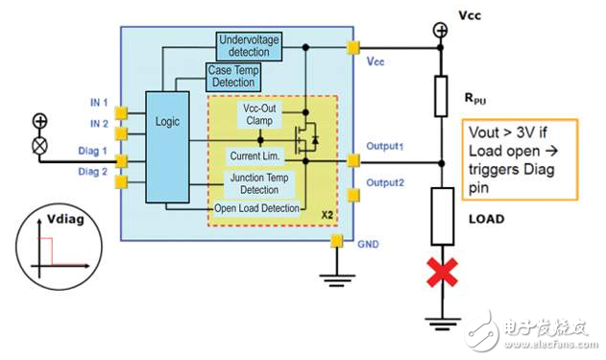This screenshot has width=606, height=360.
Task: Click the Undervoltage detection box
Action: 247,45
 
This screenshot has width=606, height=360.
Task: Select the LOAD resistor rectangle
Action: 443,212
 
